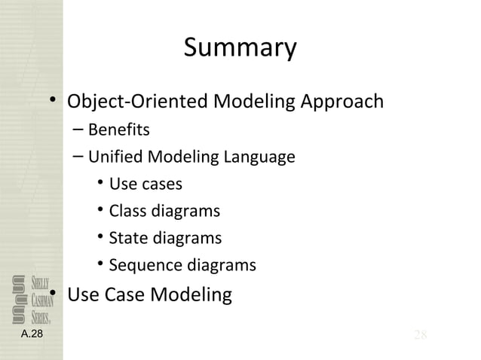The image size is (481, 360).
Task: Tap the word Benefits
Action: [x=118, y=130]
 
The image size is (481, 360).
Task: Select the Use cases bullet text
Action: [x=146, y=185]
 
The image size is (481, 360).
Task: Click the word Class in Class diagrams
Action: [x=127, y=212]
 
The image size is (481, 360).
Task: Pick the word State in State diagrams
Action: [x=127, y=239]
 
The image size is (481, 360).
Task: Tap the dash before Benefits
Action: [x=79, y=130]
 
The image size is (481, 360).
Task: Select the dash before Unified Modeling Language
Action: [x=79, y=157]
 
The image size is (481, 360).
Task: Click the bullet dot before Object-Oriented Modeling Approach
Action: [x=54, y=102]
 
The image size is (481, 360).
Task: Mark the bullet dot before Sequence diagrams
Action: [x=101, y=265]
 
